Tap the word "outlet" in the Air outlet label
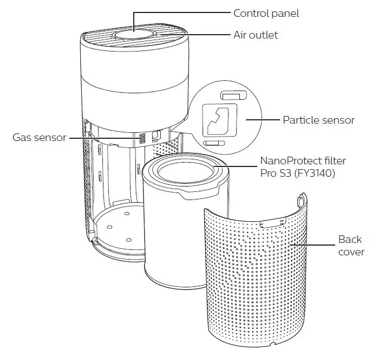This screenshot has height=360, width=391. [264, 34]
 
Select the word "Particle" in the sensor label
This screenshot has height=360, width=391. [299, 119]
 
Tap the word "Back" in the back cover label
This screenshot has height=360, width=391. [350, 239]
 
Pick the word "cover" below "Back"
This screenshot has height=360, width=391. [351, 252]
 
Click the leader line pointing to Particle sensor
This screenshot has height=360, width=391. [262, 119]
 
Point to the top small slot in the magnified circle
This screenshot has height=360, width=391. [233, 95]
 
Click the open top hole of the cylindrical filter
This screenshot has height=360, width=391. [184, 173]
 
